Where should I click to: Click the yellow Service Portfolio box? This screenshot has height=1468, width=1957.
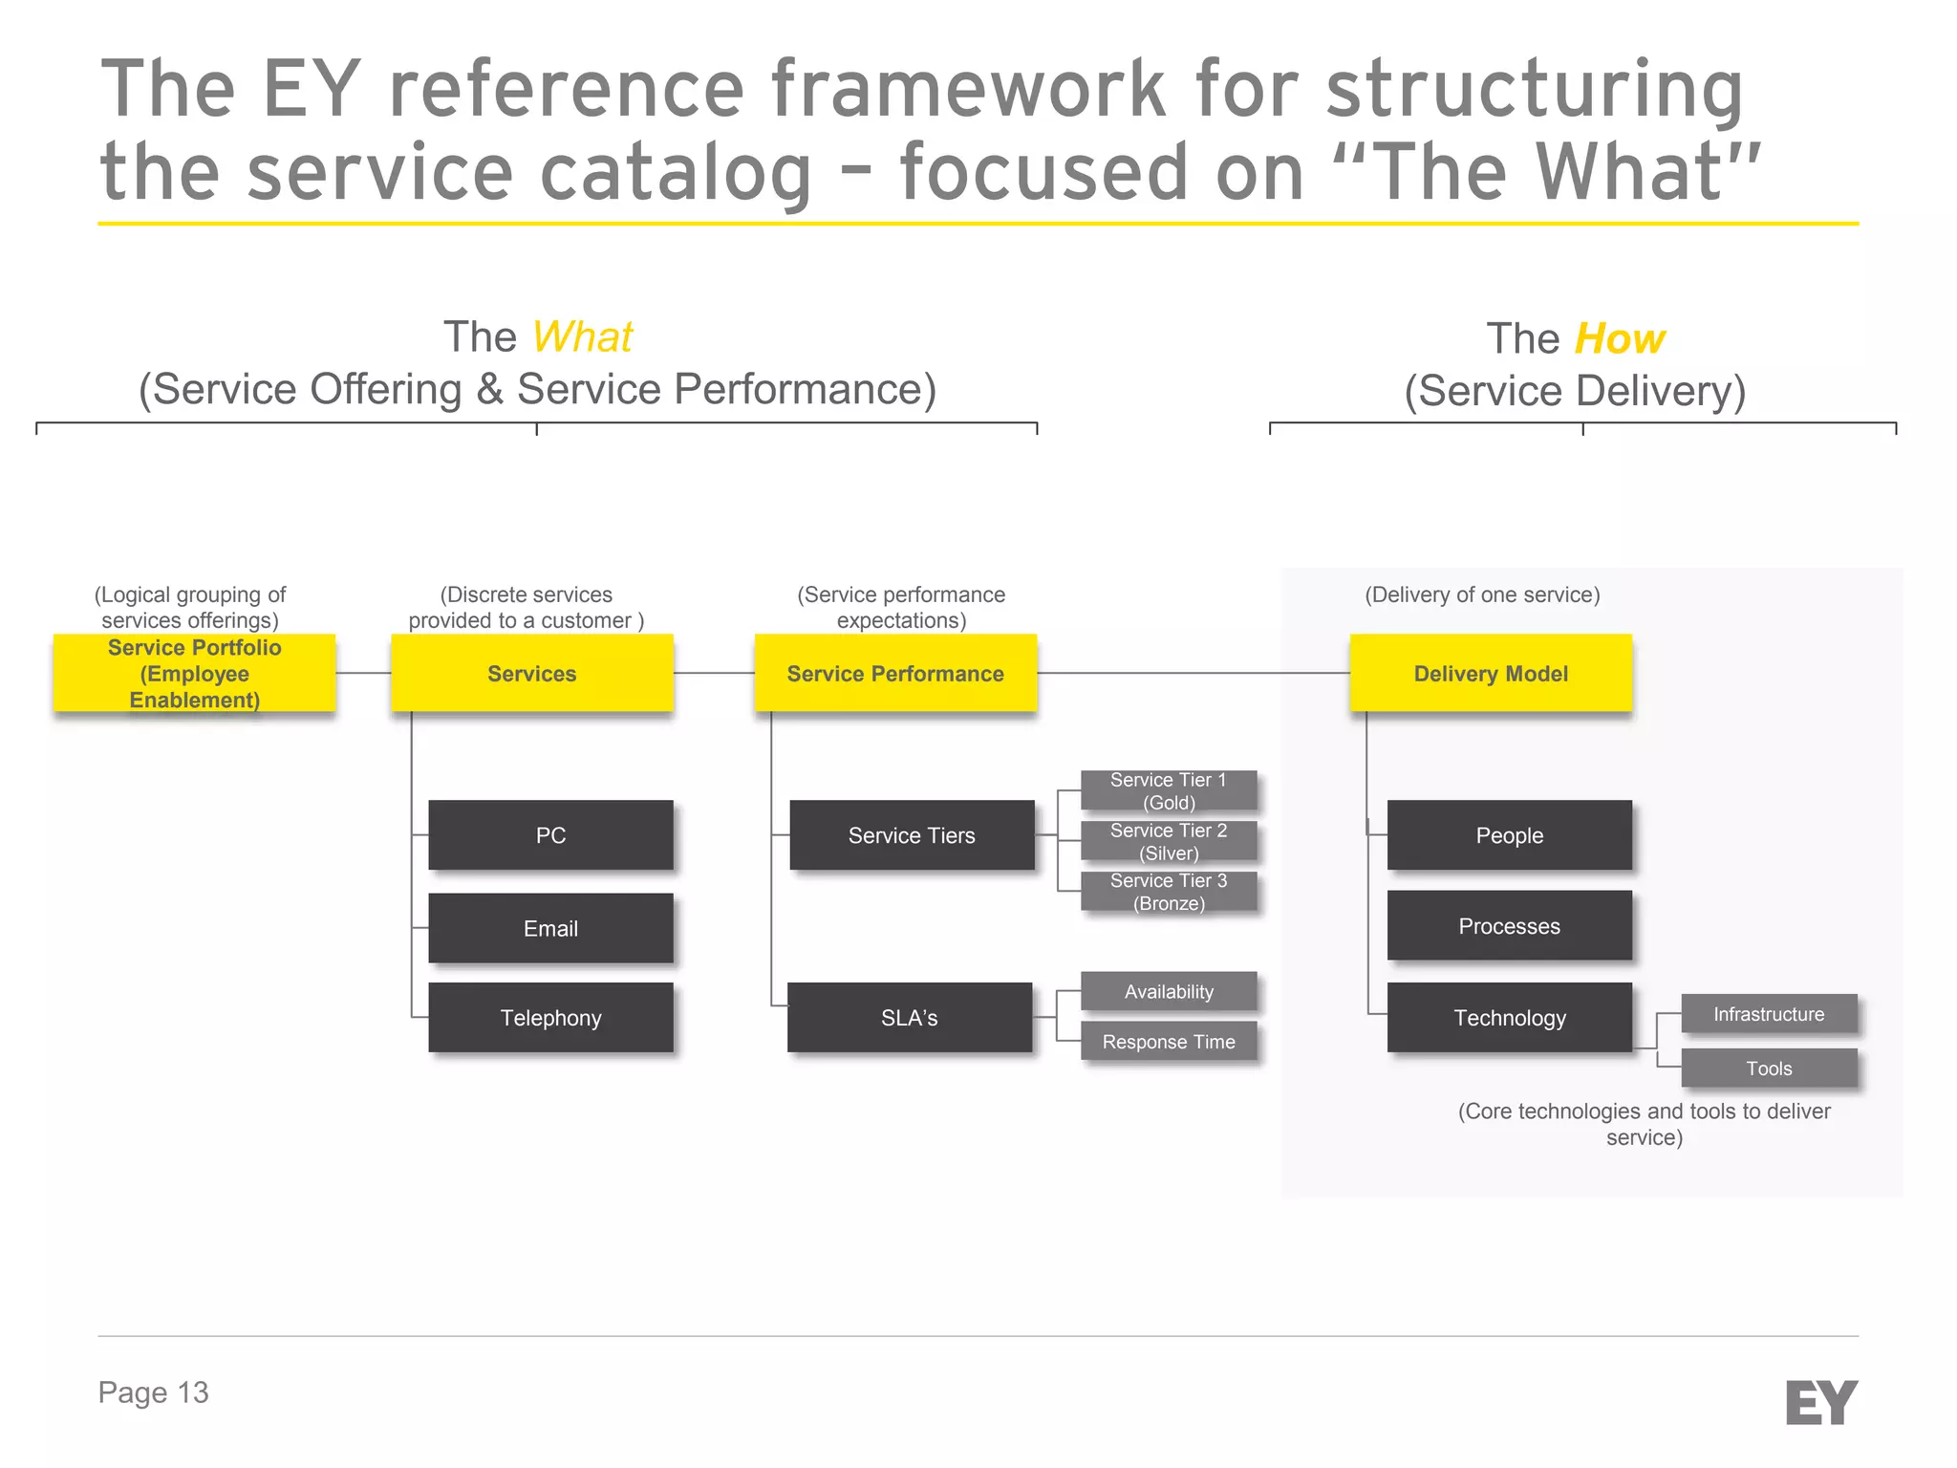(x=194, y=673)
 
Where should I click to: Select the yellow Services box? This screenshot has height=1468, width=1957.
(x=531, y=673)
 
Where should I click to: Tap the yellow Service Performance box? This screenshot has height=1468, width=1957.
(x=895, y=673)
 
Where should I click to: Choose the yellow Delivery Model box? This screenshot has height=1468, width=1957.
(x=1491, y=673)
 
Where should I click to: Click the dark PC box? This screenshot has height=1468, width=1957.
(x=550, y=834)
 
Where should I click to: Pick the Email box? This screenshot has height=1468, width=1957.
(x=550, y=927)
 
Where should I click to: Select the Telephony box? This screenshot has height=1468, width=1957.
(x=550, y=1017)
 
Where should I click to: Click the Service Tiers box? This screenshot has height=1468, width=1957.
(x=912, y=834)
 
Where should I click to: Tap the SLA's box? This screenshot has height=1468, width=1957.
(x=909, y=1017)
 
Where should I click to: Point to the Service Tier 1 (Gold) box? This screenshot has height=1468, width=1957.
(x=1168, y=790)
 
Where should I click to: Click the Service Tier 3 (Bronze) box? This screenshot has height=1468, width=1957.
(x=1168, y=891)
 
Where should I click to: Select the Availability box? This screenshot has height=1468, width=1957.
(x=1168, y=991)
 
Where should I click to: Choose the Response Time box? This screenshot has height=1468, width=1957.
(x=1168, y=1041)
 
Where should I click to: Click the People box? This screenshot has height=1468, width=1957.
(x=1509, y=834)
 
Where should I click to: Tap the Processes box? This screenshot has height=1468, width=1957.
(x=1509, y=925)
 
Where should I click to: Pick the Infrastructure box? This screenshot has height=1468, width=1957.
(x=1768, y=1013)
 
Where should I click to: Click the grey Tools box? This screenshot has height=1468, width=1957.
(x=1768, y=1068)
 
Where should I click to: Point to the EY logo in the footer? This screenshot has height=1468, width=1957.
(x=1820, y=1402)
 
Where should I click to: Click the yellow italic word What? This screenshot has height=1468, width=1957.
(x=582, y=336)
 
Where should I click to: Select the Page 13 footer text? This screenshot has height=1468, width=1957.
(x=153, y=1392)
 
